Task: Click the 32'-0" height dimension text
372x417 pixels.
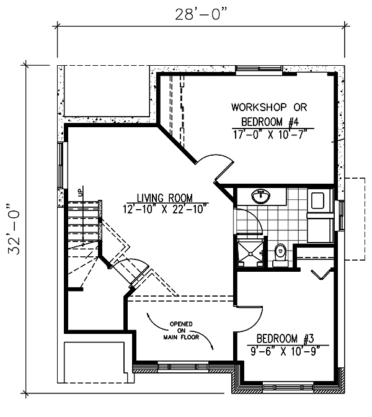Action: [x=14, y=229]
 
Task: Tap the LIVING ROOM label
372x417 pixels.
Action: [x=165, y=198]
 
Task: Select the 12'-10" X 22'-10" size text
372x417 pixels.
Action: [x=165, y=209]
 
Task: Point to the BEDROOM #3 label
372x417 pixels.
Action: [x=285, y=339]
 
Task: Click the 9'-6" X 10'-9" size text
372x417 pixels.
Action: [x=285, y=351]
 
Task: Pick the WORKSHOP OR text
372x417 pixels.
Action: [x=269, y=107]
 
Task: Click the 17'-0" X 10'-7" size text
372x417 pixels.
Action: [x=270, y=135]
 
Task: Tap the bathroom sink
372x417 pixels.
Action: [x=260, y=196]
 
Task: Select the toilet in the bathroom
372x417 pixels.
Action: [x=280, y=255]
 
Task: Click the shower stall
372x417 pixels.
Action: [x=250, y=251]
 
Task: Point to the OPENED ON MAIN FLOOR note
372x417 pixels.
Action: [x=181, y=331]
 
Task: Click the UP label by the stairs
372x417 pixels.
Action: [x=81, y=192]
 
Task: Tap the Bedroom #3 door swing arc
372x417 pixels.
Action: [x=254, y=320]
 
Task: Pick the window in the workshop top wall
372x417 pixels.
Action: [x=259, y=69]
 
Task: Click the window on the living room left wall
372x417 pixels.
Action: [x=61, y=166]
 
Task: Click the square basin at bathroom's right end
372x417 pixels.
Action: [x=318, y=201]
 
